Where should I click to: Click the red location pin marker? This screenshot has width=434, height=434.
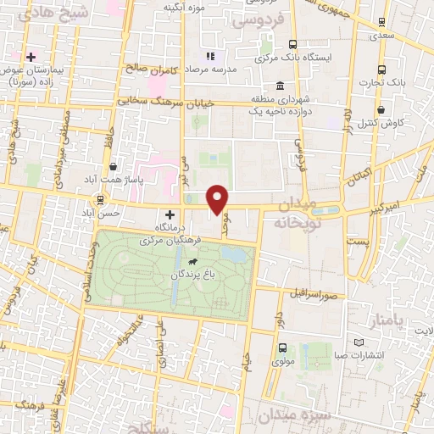tap(218, 198)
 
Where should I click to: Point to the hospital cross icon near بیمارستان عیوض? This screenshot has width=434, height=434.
tap(31, 57)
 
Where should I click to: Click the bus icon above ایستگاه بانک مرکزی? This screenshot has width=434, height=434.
tap(292, 45)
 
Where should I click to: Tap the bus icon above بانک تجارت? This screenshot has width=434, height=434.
tap(381, 70)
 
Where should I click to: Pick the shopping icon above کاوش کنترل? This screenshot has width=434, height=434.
tap(381, 109)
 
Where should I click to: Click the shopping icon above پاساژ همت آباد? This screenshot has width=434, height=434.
tap(112, 168)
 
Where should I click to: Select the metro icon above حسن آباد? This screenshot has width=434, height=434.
tap(102, 200)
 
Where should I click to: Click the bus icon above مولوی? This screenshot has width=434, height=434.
tap(281, 347)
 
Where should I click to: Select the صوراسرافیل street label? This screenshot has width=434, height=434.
tap(317, 297)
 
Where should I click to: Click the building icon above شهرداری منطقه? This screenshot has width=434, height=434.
tap(281, 86)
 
